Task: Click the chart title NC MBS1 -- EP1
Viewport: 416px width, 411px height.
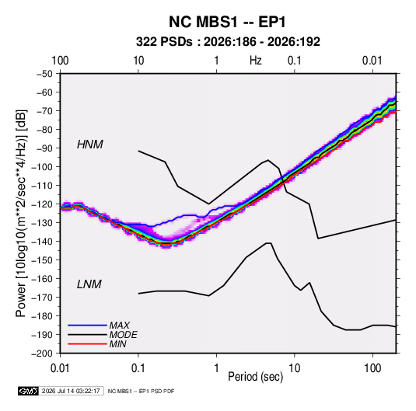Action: pos(227,22)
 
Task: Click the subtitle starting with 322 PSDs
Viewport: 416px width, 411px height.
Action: pos(228,42)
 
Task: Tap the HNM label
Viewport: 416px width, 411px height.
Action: pos(90,145)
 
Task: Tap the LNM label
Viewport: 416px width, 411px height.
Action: pos(89,284)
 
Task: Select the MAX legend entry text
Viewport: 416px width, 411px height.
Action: pos(120,326)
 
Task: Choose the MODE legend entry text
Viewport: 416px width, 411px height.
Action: pos(124,335)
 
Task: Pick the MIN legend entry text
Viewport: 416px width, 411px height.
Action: pos(117,344)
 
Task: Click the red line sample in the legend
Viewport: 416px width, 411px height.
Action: pos(87,344)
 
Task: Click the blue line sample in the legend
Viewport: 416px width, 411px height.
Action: pos(87,326)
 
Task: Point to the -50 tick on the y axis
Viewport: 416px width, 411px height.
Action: pos(45,74)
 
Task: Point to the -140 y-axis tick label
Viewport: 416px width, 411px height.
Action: pos(42,242)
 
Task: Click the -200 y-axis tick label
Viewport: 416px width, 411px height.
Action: pos(42,354)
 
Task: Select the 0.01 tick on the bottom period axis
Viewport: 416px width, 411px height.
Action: pos(60,368)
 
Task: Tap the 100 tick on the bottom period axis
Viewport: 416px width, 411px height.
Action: pos(372,368)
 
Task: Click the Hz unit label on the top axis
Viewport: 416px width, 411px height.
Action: pos(256,61)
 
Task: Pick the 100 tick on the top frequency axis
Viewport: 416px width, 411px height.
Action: pos(60,61)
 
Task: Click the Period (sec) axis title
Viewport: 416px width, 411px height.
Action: pos(256,377)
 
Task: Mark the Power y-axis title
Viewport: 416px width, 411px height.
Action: pos(21,214)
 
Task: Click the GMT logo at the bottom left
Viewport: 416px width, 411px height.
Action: pos(28,391)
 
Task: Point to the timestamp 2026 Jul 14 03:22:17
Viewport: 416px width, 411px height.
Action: pos(71,391)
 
